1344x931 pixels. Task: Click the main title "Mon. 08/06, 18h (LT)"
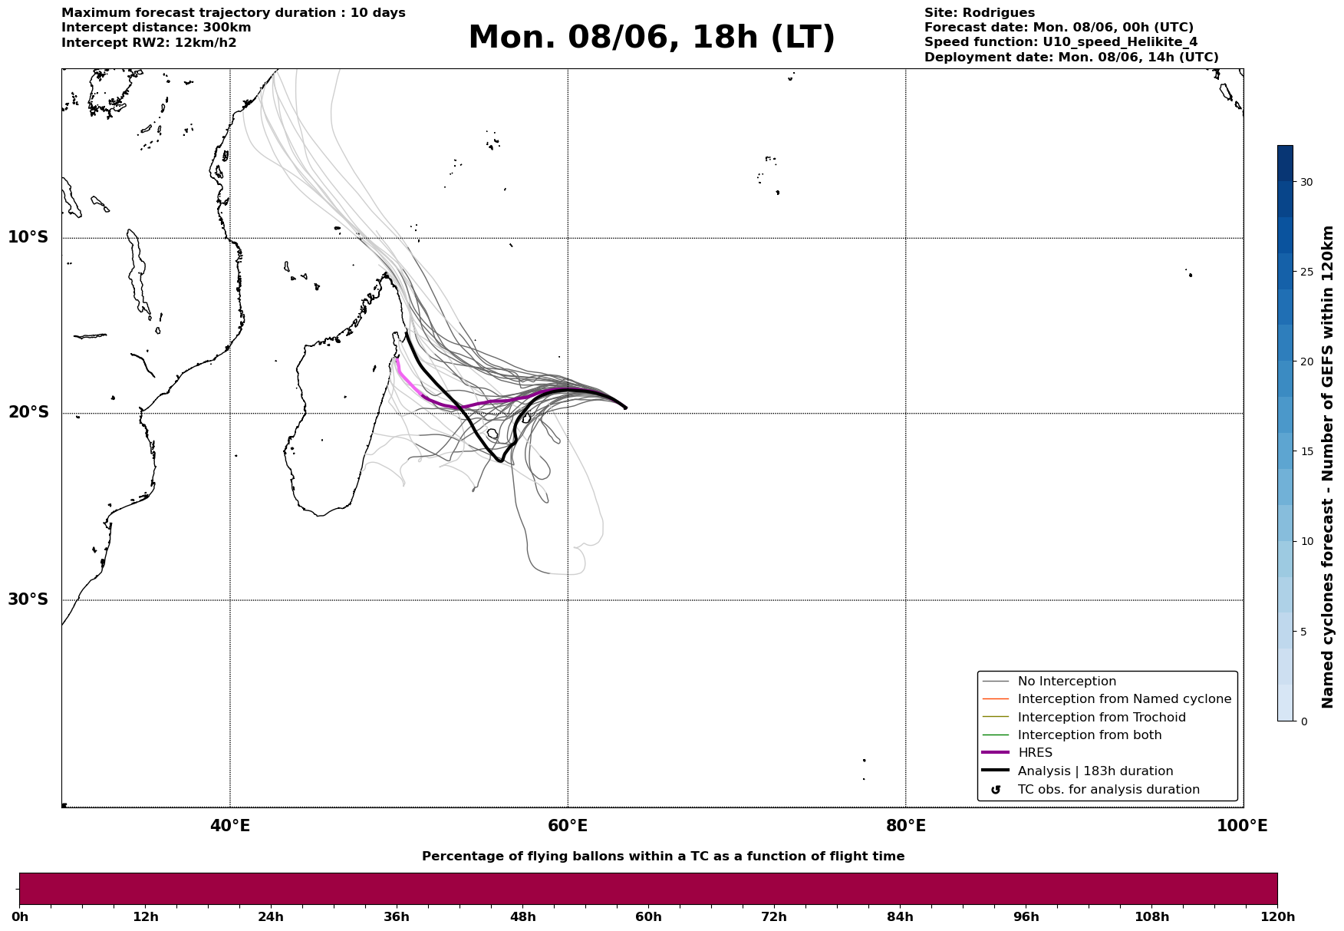(651, 38)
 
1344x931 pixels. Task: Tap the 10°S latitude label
(28, 237)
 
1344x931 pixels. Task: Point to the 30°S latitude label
(28, 599)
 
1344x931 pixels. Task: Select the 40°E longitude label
(230, 826)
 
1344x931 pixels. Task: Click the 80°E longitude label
(906, 826)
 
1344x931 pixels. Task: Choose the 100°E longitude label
(1242, 826)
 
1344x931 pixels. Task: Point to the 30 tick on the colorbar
(1306, 182)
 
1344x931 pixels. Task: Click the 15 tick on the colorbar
(1306, 451)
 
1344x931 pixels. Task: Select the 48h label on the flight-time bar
(522, 916)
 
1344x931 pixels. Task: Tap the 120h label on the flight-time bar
(1277, 916)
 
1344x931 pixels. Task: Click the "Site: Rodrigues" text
(980, 13)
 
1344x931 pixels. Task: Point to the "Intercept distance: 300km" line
(156, 28)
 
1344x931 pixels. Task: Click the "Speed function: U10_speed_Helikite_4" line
(1061, 42)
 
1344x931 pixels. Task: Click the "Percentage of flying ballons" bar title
(663, 857)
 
